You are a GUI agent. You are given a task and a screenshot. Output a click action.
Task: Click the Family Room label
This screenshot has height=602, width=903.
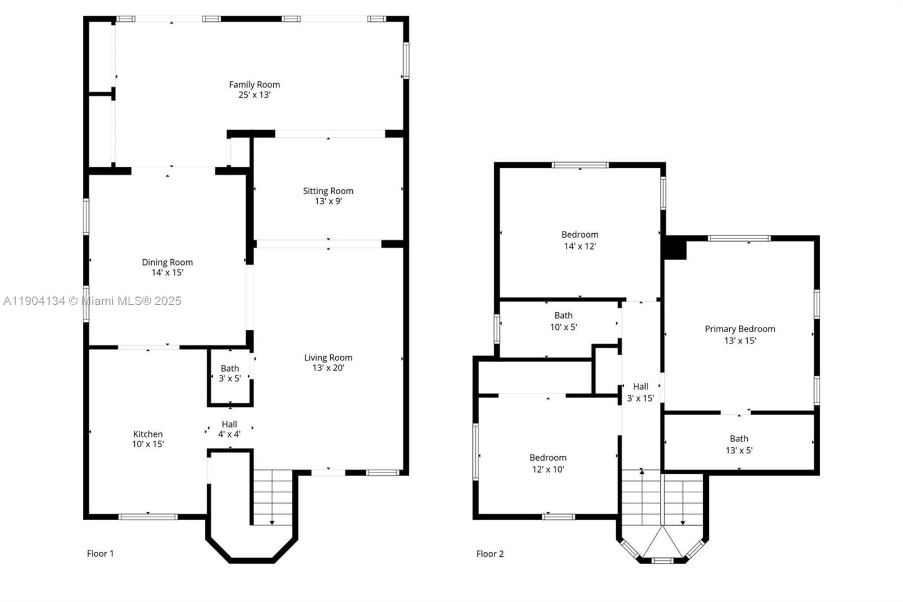[x=255, y=85]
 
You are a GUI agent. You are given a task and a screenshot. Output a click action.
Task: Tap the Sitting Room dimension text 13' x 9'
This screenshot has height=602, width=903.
[x=328, y=201]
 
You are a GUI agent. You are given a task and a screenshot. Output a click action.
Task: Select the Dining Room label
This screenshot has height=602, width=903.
[x=167, y=262]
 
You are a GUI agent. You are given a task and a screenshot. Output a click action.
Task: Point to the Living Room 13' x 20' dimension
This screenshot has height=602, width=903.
[x=328, y=368]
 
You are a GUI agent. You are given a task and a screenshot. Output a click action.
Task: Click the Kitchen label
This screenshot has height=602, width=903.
[x=148, y=434]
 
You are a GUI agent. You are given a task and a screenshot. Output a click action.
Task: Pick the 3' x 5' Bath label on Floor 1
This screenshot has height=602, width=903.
[x=230, y=373]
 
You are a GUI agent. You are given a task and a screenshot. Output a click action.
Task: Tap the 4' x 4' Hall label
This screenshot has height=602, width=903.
[x=229, y=429]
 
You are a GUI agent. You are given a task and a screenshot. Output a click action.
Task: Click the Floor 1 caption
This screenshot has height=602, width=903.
[x=100, y=553]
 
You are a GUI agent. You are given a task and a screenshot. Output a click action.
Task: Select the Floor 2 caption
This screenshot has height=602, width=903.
[x=490, y=553]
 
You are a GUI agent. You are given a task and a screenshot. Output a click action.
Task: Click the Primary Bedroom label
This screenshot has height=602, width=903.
[x=740, y=329]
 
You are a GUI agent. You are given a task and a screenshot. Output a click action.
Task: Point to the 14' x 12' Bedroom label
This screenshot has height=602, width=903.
[x=580, y=241]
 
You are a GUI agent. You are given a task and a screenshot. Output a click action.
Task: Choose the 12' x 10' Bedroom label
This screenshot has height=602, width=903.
[x=548, y=463]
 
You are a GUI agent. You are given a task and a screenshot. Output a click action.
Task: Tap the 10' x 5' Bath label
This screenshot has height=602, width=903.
[x=564, y=321]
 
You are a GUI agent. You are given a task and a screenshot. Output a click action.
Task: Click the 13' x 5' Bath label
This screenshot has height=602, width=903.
[x=739, y=444]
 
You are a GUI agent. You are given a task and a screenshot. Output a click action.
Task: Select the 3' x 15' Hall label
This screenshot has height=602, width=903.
[x=641, y=392]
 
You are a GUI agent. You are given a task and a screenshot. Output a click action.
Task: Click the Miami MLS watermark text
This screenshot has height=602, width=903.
[x=93, y=300]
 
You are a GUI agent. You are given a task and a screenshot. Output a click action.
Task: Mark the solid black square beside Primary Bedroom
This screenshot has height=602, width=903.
[x=675, y=248]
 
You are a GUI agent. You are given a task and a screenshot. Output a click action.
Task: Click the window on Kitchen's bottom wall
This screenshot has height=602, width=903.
[x=148, y=517]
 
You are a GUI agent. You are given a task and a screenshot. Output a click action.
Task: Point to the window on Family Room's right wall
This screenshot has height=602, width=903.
[x=406, y=60]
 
